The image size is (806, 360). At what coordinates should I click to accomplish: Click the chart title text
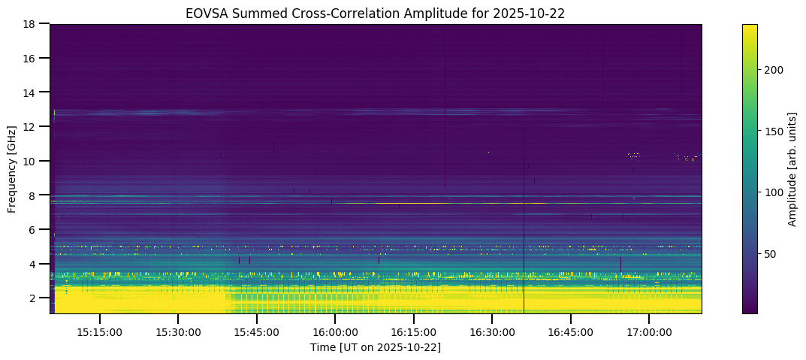376,13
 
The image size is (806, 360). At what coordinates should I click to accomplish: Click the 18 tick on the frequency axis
31,24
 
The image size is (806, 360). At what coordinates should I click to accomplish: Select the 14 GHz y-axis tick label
31,92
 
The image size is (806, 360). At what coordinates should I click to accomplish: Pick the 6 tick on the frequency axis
34,230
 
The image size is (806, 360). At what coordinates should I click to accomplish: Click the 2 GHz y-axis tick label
34,298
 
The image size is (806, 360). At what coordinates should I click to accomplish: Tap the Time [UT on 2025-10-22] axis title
376,347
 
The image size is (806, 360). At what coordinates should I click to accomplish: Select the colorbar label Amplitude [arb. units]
792,169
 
